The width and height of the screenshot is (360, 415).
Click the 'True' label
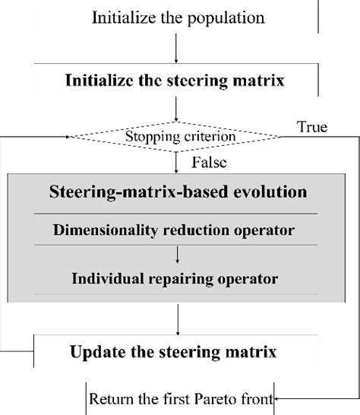(313, 127)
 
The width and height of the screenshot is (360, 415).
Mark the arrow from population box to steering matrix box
(176, 47)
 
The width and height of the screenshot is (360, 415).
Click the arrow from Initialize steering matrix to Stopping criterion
(176, 109)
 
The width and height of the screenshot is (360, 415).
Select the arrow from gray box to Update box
(176, 319)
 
